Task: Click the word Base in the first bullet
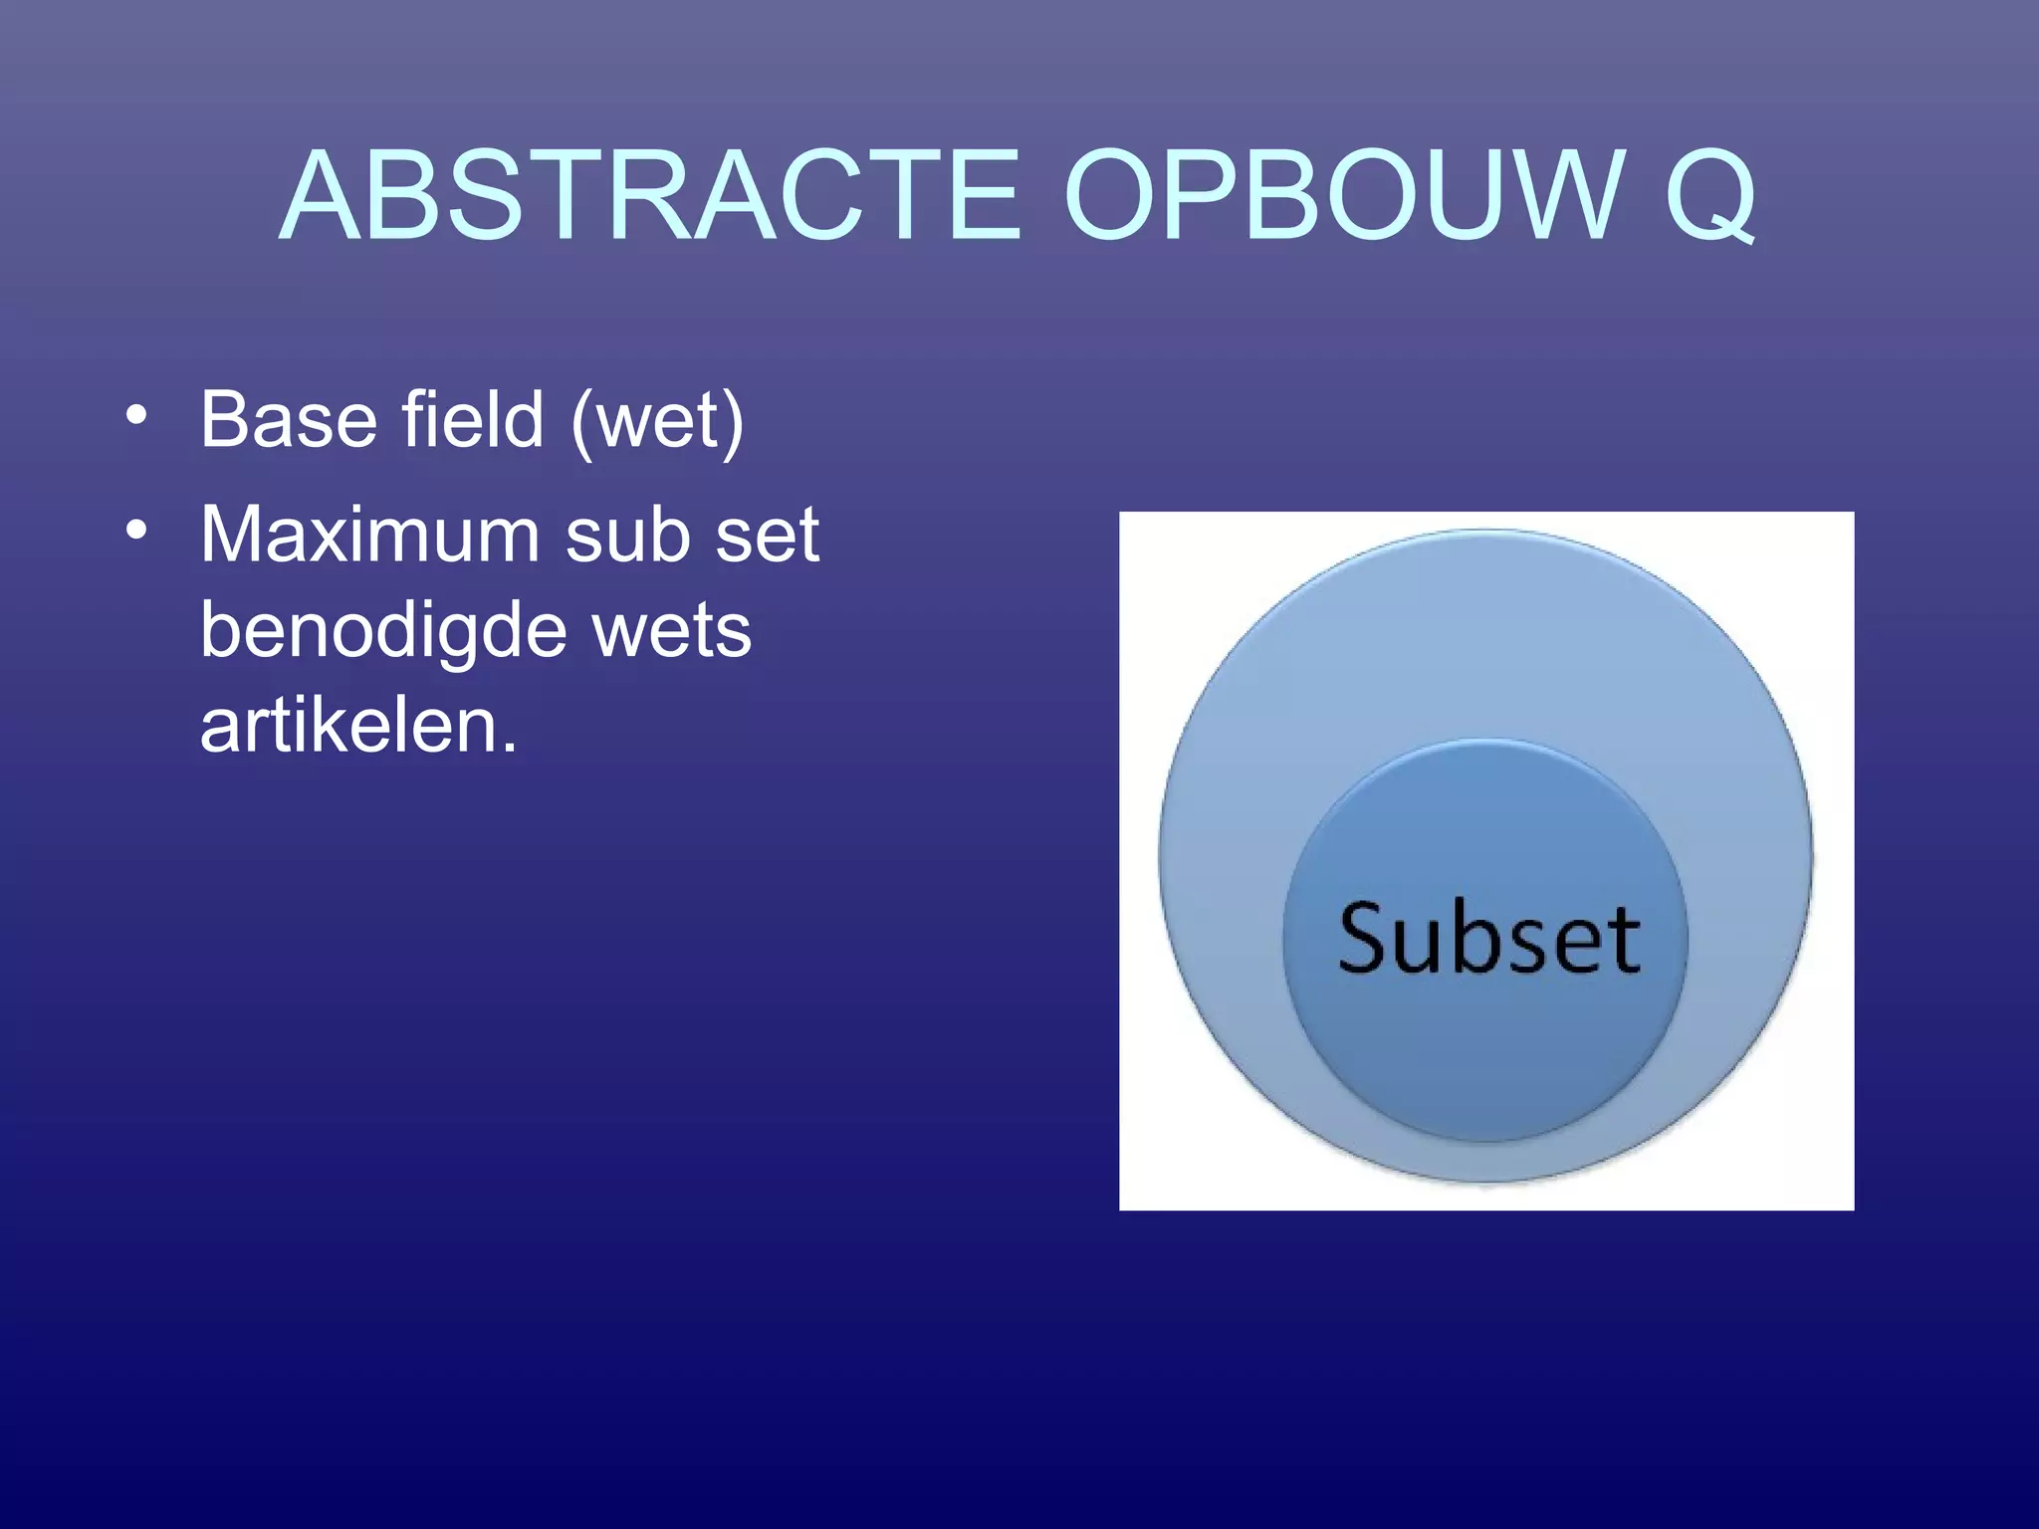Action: click(x=287, y=420)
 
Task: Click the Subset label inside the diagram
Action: click(x=1488, y=938)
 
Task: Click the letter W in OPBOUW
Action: click(x=1563, y=196)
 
